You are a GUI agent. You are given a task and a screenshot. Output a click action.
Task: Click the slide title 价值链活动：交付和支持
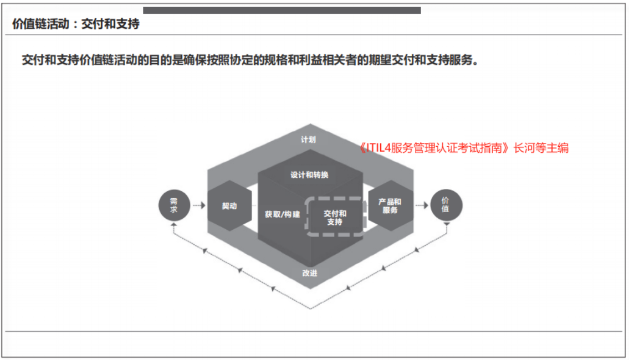tap(76, 24)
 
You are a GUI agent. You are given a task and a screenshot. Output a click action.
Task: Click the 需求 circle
tap(174, 205)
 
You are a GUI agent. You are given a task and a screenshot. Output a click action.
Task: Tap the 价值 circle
tap(446, 205)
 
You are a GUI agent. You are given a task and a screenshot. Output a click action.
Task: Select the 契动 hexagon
tap(229, 205)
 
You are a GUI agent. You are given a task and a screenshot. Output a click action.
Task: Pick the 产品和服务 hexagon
tap(390, 205)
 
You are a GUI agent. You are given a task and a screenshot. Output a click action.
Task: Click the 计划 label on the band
tap(308, 140)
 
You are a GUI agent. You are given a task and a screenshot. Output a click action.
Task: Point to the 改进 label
tap(310, 273)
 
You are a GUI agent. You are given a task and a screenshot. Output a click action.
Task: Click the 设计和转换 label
tap(309, 175)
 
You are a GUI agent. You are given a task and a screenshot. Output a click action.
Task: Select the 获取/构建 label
tap(283, 214)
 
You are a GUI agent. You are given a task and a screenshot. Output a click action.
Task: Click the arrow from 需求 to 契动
tap(199, 205)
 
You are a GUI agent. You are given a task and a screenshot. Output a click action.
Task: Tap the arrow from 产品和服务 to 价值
tap(422, 205)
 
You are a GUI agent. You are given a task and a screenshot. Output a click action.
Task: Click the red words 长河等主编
tap(541, 148)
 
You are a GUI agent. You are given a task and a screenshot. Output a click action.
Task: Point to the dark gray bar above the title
tap(282, 11)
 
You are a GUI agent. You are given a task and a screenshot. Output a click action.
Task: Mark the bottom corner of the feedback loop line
tap(310, 308)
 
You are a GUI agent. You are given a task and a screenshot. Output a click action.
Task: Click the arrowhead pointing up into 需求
tap(173, 225)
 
